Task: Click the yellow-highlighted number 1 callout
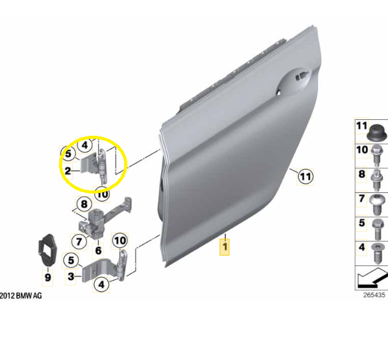pos(224,247)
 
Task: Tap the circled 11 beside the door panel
pos(305,177)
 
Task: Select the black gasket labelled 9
pos(47,249)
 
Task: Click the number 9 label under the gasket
pos(48,277)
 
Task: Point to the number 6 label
pos(98,251)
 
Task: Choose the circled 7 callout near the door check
pos(79,241)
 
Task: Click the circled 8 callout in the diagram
pos(84,204)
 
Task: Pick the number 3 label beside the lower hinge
pos(71,276)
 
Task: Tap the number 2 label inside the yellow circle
pos(68,171)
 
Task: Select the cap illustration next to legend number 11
pos(376,132)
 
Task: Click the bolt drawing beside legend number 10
pos(376,156)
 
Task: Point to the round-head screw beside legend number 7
pos(377,205)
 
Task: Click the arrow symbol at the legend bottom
pos(373,278)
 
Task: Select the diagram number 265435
pos(374,295)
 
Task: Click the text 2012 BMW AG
pos(21,295)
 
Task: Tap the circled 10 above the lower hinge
pos(120,241)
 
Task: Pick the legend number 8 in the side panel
pos(362,174)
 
